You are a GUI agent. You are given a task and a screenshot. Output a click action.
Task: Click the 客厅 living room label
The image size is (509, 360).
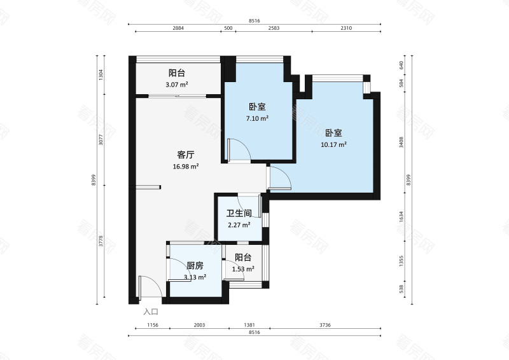click(x=186, y=155)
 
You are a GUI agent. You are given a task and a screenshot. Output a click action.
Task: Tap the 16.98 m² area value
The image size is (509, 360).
click(x=186, y=167)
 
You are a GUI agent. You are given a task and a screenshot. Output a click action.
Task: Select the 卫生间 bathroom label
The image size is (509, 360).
click(x=239, y=213)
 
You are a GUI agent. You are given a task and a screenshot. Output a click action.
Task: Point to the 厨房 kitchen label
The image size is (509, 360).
click(x=195, y=266)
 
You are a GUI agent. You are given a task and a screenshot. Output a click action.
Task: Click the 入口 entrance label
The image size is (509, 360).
click(x=151, y=312)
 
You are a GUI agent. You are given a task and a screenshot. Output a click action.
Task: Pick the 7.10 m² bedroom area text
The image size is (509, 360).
click(x=258, y=118)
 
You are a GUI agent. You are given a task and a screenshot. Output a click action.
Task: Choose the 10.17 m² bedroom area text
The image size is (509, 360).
click(x=333, y=145)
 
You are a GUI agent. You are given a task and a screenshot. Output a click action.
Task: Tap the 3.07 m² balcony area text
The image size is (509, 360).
click(x=177, y=85)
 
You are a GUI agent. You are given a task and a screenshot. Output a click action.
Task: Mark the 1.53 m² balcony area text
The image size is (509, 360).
click(x=243, y=269)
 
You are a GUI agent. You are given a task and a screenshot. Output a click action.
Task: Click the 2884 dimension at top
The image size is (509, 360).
click(x=178, y=28)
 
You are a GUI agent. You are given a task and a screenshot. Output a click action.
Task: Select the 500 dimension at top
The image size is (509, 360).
click(x=228, y=28)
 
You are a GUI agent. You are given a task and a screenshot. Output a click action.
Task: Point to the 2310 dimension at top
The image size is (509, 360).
click(x=346, y=28)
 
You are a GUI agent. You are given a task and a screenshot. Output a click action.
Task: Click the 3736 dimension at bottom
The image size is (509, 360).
click(x=325, y=324)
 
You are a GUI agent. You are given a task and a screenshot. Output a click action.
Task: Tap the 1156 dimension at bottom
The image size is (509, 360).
click(x=153, y=324)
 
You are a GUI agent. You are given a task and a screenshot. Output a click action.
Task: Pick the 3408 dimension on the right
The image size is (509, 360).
click(x=401, y=142)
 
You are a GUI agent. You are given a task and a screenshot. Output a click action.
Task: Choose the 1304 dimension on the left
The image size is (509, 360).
click(x=101, y=75)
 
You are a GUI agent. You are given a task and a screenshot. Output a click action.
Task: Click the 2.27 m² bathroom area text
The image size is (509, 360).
click(x=239, y=225)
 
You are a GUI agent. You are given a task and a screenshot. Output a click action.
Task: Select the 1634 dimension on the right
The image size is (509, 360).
click(x=401, y=217)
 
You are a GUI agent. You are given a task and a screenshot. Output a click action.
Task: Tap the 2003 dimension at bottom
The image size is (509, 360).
click(x=199, y=324)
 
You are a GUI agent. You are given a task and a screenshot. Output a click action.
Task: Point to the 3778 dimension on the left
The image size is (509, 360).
click(x=101, y=241)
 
